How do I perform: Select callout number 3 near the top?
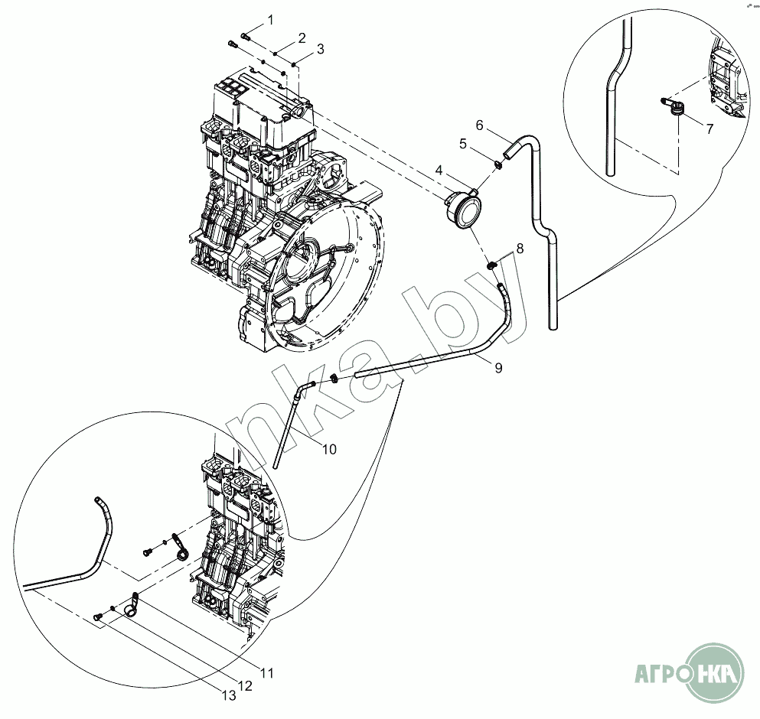point(320,49)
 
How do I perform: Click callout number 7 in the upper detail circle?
point(709,129)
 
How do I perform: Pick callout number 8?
point(520,248)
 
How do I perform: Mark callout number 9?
point(498,368)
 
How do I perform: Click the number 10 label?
point(328,449)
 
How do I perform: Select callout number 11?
point(266,673)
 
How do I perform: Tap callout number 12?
point(245,686)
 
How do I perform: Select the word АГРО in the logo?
point(660,675)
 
